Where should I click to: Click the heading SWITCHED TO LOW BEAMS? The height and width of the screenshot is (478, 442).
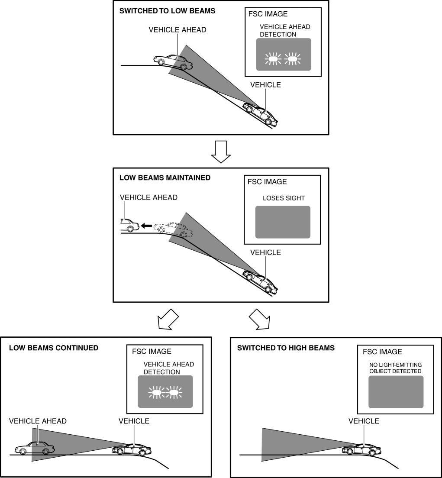coord(167,11)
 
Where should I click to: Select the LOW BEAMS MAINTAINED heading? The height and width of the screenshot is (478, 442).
coord(165,178)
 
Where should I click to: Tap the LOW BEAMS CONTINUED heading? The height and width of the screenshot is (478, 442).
coord(54,348)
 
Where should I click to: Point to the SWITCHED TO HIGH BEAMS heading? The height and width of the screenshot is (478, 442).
coord(286,348)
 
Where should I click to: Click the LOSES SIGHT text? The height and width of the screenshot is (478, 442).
coord(284,198)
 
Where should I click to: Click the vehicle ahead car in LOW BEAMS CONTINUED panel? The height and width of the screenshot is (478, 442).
coord(32,448)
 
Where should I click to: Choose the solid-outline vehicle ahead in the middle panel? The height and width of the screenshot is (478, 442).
coord(129,225)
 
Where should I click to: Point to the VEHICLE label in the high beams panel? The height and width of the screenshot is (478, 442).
coord(364,421)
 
